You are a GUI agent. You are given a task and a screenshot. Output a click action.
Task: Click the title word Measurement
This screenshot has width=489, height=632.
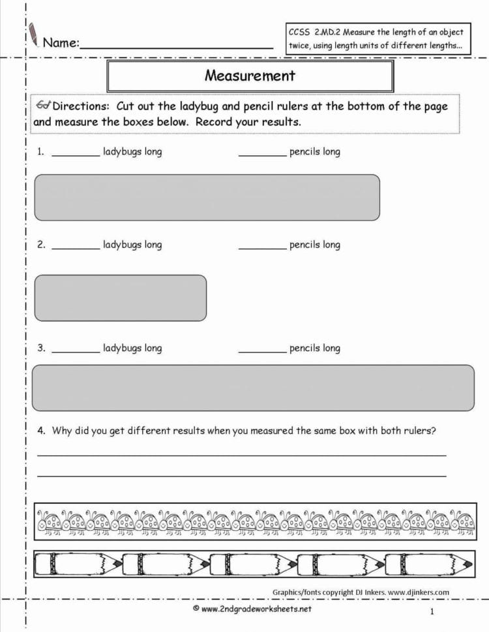pyautogui.click(x=250, y=76)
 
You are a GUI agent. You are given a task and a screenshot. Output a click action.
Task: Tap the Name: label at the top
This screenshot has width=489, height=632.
pyautogui.click(x=61, y=43)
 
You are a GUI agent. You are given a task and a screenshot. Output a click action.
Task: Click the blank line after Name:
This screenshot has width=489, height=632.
pyautogui.click(x=176, y=46)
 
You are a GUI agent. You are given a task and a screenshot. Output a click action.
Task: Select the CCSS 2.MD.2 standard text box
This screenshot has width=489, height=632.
pyautogui.click(x=376, y=39)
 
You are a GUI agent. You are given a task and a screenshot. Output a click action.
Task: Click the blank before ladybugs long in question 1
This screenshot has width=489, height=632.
pyautogui.click(x=76, y=155)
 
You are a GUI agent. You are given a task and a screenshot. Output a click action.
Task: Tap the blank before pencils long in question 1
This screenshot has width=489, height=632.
pyautogui.click(x=262, y=155)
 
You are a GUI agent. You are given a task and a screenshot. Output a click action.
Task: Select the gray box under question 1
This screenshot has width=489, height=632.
pyautogui.click(x=207, y=197)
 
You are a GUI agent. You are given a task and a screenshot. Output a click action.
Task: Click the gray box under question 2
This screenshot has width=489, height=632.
pyautogui.click(x=121, y=298)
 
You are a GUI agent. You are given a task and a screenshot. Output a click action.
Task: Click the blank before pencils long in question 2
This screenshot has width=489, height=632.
pyautogui.click(x=262, y=248)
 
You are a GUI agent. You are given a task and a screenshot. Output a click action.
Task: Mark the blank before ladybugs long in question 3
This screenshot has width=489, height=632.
pyautogui.click(x=76, y=351)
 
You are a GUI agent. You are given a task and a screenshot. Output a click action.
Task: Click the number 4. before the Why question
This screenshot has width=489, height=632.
pyautogui.click(x=42, y=430)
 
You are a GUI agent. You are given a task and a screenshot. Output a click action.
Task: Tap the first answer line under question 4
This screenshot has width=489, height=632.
pyautogui.click(x=241, y=455)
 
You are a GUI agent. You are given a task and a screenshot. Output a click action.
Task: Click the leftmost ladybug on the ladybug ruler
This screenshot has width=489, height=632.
pyautogui.click(x=49, y=521)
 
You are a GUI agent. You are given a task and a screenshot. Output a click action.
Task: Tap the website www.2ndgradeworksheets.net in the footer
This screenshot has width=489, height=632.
pyautogui.click(x=256, y=609)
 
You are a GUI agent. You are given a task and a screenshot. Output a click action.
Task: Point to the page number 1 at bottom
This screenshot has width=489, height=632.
pyautogui.click(x=432, y=611)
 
